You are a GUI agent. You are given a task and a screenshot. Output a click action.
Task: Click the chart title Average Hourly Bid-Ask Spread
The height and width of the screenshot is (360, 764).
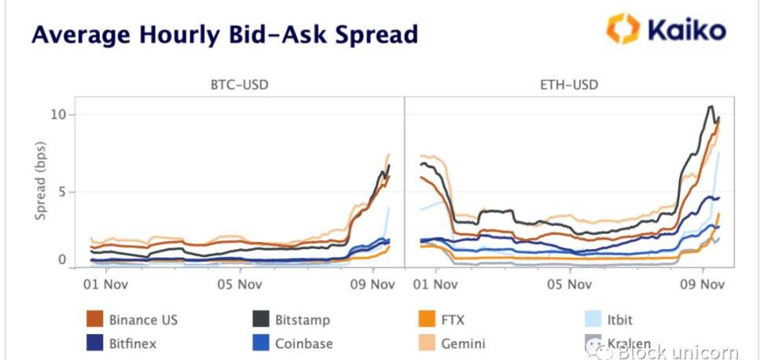pyautogui.click(x=225, y=35)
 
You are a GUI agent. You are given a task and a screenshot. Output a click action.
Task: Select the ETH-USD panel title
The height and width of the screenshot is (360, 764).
pyautogui.click(x=570, y=84)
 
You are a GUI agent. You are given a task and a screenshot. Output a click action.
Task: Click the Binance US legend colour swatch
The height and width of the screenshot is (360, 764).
pyautogui.click(x=95, y=319)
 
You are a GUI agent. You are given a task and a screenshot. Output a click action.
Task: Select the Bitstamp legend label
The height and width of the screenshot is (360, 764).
pyautogui.click(x=303, y=320)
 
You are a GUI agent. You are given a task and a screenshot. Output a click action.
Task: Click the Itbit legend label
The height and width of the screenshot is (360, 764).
pyautogui.click(x=619, y=320)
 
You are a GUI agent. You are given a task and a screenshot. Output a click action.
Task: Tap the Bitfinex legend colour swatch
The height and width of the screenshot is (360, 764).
pyautogui.click(x=95, y=343)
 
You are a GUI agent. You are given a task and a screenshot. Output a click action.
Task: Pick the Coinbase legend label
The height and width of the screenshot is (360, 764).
pyautogui.click(x=303, y=343)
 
